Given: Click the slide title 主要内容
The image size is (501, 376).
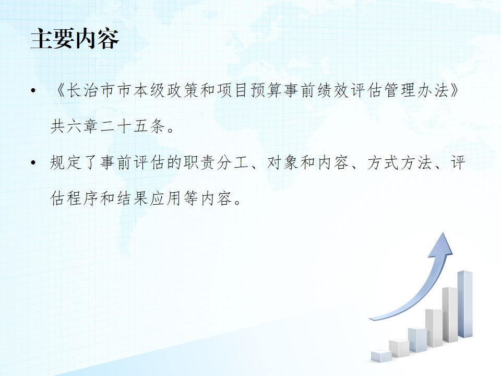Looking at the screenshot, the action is coord(75,39).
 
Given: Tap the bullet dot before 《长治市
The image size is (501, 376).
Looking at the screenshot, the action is coord(33,91).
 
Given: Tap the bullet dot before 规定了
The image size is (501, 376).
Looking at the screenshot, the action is coord(33,163).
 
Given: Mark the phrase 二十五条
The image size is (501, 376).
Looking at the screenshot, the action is coord(132,126).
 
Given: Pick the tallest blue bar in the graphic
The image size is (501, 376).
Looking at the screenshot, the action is coord(465,304).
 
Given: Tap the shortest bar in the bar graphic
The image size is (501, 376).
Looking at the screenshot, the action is coord(381,356).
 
